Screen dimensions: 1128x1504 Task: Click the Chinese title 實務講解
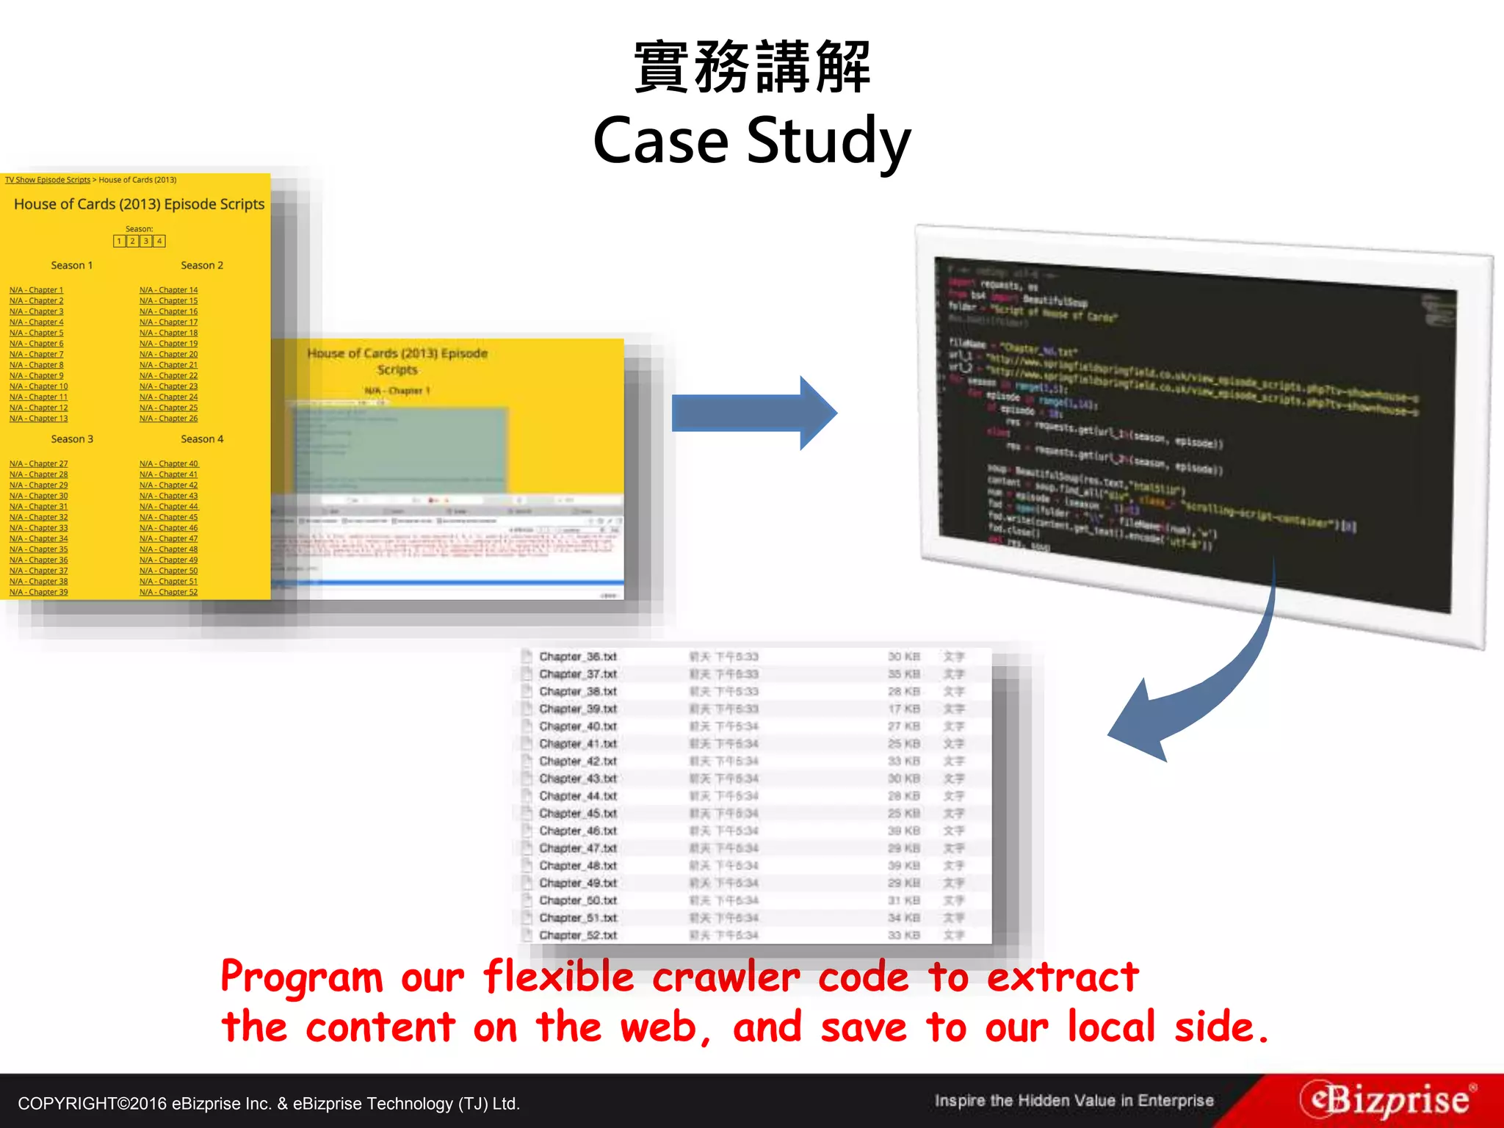752,68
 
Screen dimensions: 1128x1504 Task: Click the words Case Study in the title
752,141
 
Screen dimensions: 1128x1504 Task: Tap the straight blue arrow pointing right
753,413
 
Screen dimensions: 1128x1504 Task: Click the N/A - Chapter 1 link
36,290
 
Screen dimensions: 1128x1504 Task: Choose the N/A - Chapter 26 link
168,419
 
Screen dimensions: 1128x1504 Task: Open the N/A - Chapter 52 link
168,592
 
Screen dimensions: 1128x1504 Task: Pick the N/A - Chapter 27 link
38,463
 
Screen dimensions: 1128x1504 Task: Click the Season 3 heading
72,439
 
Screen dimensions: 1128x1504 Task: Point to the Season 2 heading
202,265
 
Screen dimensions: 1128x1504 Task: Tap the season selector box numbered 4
159,241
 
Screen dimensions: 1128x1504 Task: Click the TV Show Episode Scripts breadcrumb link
48,180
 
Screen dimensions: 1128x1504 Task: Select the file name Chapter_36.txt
578,657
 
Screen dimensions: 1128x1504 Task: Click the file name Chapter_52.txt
578,936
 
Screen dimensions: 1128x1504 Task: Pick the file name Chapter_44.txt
578,796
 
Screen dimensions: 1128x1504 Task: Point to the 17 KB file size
903,709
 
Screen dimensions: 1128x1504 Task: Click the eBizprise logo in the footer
1386,1100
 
